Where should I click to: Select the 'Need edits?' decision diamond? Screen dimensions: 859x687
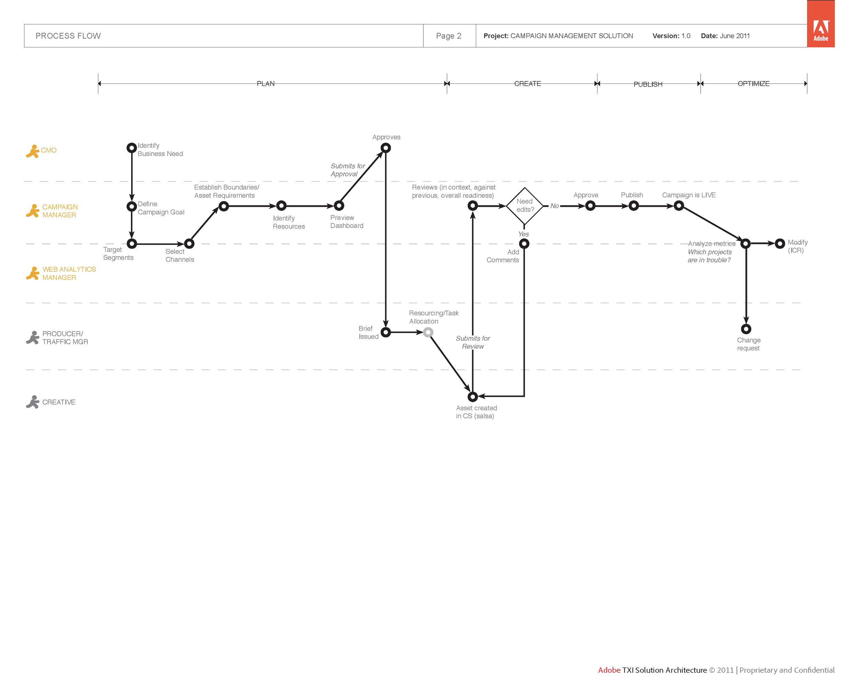(525, 206)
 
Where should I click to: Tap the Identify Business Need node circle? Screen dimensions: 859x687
(132, 148)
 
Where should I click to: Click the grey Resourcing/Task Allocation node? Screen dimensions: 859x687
(428, 332)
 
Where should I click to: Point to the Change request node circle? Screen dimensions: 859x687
(746, 329)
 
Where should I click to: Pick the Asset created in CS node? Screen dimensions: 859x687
(472, 397)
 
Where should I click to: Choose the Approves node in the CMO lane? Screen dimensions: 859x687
(385, 148)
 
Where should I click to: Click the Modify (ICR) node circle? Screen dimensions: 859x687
(780, 243)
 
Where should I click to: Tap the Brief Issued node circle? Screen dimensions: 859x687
(385, 332)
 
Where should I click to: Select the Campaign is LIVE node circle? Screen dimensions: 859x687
(679, 206)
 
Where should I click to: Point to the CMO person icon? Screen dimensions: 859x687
(33, 151)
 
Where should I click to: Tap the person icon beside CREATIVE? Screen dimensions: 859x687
(33, 402)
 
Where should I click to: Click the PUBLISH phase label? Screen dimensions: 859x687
(648, 85)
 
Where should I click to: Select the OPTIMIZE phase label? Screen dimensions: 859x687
(754, 83)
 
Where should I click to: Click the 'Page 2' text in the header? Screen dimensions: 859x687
(449, 36)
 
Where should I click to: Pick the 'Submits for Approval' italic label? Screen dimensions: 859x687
(347, 170)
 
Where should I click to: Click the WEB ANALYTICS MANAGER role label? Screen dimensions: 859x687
(69, 273)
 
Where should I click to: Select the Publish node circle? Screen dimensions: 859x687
(634, 206)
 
